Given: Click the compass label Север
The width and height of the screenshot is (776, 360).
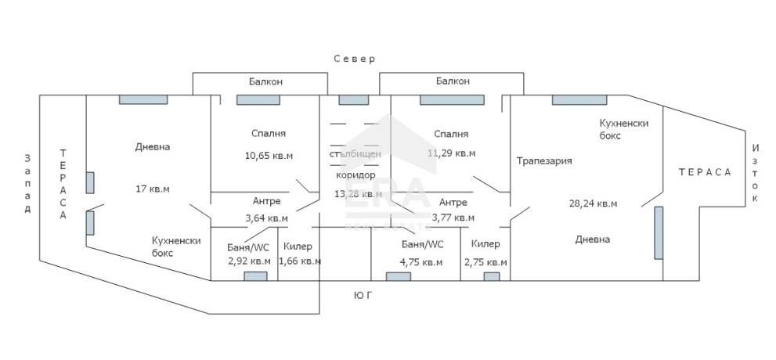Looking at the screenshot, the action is point(355,59).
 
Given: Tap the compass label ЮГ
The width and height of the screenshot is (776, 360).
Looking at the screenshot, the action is point(363,296).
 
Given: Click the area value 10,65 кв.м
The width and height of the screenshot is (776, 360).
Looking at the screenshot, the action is point(269,155).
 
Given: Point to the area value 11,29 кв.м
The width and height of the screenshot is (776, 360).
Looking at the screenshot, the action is point(451,153).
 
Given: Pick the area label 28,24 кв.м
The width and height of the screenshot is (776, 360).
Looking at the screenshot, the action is point(593,203).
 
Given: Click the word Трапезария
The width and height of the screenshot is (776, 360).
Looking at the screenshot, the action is point(544,160).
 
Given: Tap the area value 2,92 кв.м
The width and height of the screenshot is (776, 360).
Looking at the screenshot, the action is point(248,261).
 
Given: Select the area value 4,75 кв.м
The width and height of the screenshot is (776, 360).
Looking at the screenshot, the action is point(420,262).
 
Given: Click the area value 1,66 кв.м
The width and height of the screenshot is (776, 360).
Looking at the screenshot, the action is point(300,261).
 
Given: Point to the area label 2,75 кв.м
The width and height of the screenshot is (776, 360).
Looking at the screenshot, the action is point(485,262).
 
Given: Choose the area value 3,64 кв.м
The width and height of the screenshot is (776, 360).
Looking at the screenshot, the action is point(266,218).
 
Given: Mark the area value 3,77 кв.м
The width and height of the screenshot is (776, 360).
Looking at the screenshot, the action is point(453,217).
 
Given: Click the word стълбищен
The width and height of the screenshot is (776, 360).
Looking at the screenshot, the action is point(356,154).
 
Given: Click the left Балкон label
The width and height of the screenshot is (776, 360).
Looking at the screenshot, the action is point(265,81).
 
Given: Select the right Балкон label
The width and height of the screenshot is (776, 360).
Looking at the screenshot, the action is point(453,81).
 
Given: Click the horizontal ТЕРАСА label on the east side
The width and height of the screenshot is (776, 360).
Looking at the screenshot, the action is point(705,172).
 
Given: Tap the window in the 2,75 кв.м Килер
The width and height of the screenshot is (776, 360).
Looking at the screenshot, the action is point(492,276).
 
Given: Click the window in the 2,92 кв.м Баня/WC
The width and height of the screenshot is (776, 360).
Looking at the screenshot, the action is point(255,276).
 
